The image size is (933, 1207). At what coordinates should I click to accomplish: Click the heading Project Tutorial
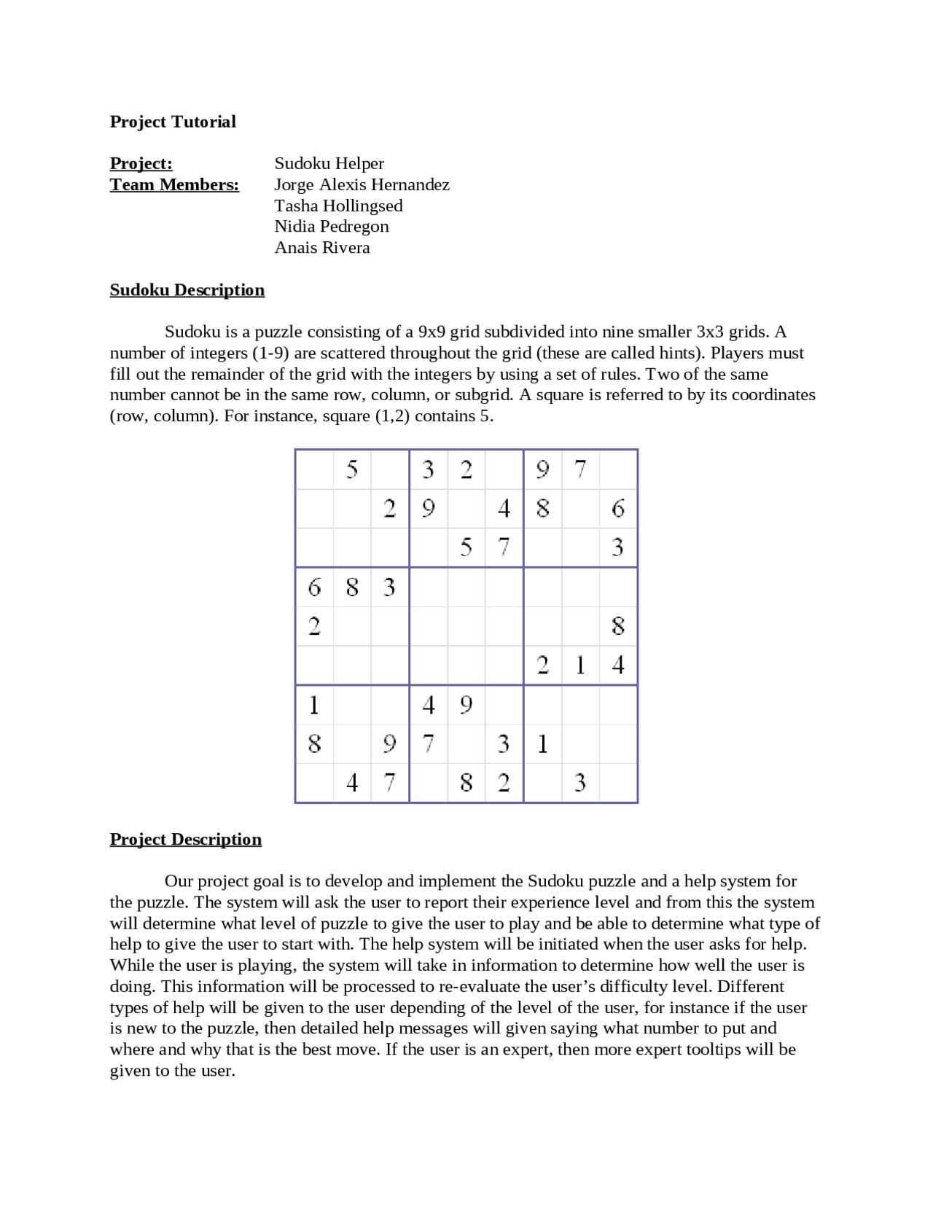[173, 122]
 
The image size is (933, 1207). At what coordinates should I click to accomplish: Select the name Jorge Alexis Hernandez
[362, 184]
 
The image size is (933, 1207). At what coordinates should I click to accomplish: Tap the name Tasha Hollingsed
[338, 206]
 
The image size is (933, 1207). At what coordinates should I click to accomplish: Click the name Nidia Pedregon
[332, 226]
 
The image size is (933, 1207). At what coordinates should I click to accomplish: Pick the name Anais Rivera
[322, 247]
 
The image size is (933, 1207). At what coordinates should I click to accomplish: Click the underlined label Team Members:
[174, 184]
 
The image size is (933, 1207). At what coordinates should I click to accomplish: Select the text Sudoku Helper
[329, 163]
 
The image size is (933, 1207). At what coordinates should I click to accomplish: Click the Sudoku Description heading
[187, 290]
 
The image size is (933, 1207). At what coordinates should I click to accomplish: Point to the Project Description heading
[186, 840]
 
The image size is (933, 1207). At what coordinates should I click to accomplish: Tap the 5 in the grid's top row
[352, 469]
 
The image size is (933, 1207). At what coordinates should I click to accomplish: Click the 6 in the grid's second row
[617, 508]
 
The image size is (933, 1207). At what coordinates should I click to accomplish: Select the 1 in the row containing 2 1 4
[580, 665]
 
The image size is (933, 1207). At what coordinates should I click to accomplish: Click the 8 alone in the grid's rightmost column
[617, 625]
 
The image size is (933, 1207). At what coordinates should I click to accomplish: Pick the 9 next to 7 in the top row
[542, 469]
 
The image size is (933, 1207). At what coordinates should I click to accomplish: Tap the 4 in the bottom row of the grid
[352, 783]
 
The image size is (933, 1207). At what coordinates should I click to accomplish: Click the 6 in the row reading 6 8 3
[314, 587]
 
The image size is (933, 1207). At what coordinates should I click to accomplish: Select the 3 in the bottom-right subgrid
[580, 783]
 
